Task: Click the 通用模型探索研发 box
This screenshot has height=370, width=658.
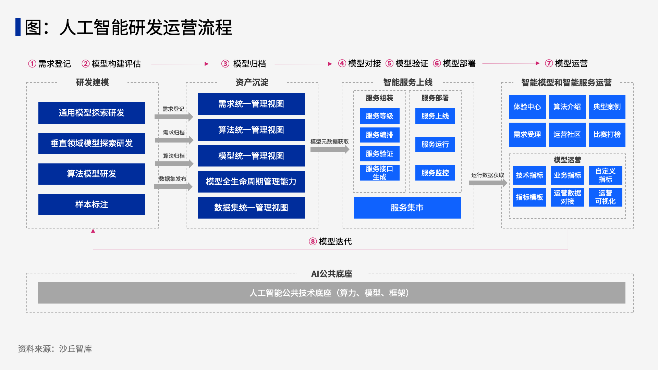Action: coord(92,113)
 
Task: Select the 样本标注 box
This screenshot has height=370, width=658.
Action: coord(92,205)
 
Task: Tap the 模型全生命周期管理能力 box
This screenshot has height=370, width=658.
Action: coord(251,182)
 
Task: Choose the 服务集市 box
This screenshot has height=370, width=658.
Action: coord(407,208)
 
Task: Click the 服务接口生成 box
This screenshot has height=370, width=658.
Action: coord(379,173)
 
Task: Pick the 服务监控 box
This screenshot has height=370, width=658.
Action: coord(435,173)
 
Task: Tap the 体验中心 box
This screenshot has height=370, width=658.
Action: coord(527,107)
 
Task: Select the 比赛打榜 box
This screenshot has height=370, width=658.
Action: coord(607,135)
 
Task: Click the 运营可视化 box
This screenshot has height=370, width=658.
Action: coord(605,197)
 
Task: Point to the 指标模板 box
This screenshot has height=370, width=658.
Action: coord(529,197)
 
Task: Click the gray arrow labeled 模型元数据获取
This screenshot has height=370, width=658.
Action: coord(330,149)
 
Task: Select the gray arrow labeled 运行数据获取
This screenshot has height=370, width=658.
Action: coord(488,183)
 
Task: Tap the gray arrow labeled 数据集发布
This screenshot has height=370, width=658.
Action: coord(173,186)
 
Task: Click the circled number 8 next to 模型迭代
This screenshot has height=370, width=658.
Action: coord(313,242)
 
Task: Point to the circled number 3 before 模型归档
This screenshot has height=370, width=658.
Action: coord(225,64)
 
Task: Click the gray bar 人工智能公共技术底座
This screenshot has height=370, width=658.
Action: coord(331,293)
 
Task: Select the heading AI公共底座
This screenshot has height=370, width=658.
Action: coord(331,274)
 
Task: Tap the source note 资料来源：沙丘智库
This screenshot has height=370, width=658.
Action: coord(55,349)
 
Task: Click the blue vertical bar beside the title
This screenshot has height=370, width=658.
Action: coord(18,27)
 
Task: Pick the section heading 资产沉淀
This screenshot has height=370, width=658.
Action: coord(252,82)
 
